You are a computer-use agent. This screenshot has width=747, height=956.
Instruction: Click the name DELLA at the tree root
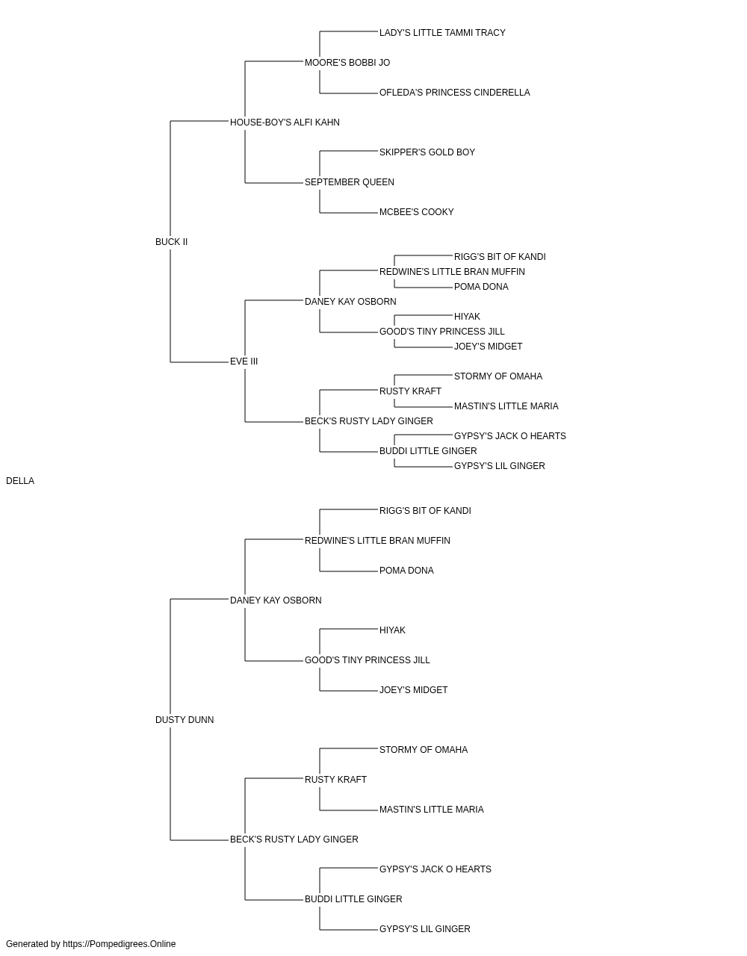coord(20,481)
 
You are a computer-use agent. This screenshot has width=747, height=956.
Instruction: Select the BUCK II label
coord(172,242)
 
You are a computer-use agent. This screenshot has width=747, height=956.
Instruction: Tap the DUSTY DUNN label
coord(185,720)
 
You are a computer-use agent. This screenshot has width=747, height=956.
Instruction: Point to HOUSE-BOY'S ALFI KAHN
coord(285,122)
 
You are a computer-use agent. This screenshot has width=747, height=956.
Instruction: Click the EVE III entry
coord(244,361)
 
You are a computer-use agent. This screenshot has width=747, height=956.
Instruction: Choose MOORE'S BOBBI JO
coord(347,63)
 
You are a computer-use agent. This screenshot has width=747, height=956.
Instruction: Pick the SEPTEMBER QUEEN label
coord(350,182)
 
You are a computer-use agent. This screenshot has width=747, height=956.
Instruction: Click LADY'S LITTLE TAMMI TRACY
coord(442,33)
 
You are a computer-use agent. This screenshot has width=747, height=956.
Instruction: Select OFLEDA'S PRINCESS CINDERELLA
coord(455,93)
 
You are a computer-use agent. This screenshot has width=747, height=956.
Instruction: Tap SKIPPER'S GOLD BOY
coord(427,152)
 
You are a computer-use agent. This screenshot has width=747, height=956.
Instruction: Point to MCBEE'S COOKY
coord(417,212)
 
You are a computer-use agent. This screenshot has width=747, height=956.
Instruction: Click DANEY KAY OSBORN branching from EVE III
coord(350,301)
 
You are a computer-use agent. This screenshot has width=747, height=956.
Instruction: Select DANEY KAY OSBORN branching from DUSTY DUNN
coord(276,600)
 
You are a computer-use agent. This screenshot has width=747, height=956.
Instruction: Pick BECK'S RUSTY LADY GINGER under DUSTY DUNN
coord(294,839)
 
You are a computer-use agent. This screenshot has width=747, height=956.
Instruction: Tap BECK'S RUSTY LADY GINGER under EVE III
coord(369,421)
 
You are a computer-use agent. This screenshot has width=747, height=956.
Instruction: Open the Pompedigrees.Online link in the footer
coord(120,944)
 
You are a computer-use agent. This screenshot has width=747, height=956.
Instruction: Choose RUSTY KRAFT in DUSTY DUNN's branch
coord(335,780)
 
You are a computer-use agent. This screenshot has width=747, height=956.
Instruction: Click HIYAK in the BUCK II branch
coord(467,317)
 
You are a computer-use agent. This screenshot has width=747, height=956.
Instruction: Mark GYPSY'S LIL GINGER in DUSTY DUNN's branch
coord(425,929)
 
